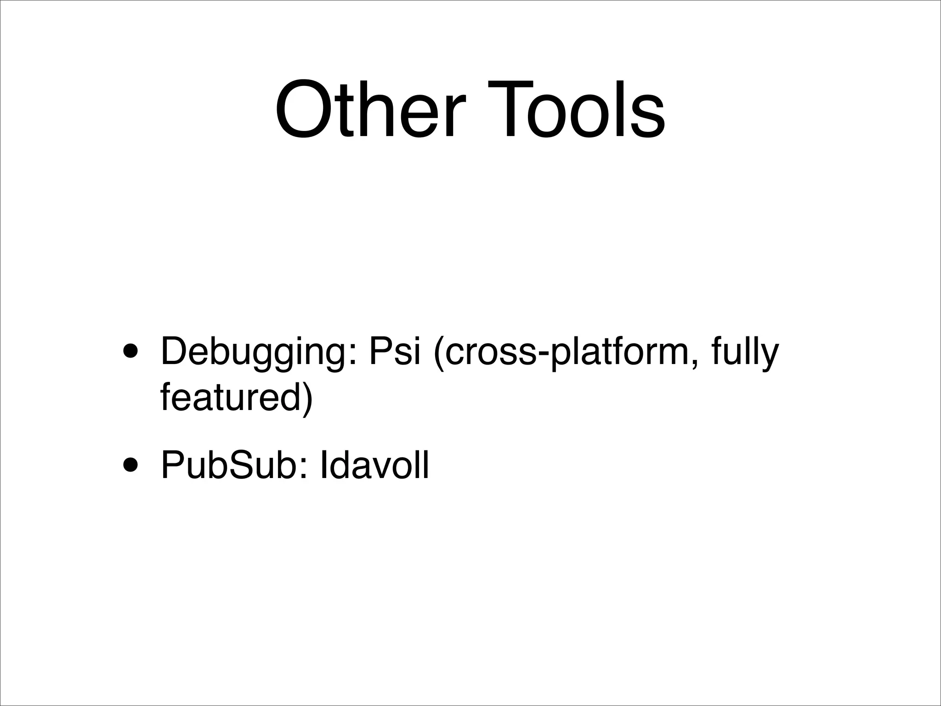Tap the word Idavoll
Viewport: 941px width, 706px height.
374,465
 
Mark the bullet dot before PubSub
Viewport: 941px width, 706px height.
131,465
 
